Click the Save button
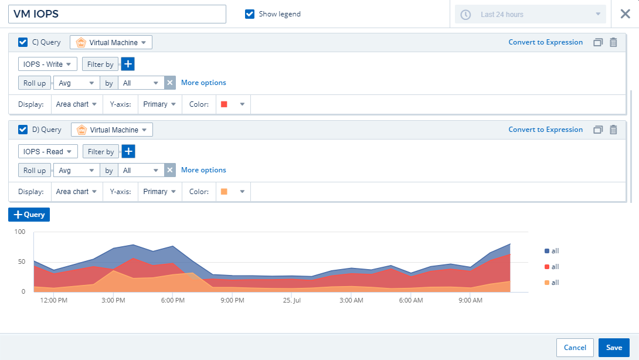click(614, 348)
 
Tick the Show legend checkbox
click(250, 14)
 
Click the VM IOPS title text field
click(117, 14)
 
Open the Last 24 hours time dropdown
click(531, 15)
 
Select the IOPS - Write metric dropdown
click(47, 64)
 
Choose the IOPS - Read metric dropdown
click(48, 151)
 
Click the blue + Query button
click(29, 215)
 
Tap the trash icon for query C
click(613, 42)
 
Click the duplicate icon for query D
click(598, 130)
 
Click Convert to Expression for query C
click(545, 42)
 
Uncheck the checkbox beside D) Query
click(23, 130)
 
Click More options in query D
click(203, 170)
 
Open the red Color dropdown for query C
click(233, 104)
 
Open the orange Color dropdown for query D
click(233, 192)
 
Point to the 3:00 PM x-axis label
click(113, 300)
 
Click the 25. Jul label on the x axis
click(292, 300)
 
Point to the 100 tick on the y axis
click(20, 232)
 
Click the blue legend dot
click(547, 251)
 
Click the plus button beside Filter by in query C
click(128, 64)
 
